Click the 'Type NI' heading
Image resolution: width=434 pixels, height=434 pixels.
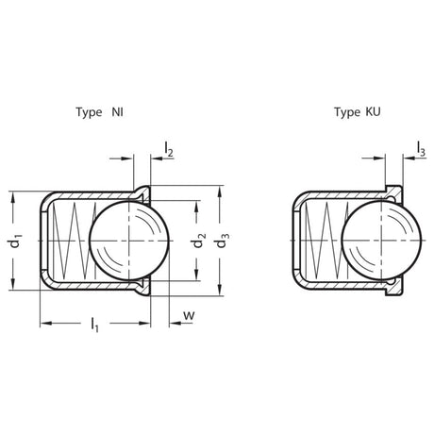99,112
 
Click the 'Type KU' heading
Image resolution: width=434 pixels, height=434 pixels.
358,112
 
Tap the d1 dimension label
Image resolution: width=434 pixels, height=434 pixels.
15,241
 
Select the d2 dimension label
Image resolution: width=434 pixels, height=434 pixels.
199,241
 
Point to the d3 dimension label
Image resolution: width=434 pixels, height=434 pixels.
222,241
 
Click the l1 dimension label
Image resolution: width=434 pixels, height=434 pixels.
95,324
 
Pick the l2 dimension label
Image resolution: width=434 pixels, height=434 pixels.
169,149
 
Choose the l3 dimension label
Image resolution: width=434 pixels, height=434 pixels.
421,148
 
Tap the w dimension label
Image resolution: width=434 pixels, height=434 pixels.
189,315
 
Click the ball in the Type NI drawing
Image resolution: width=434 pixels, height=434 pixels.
129,241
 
